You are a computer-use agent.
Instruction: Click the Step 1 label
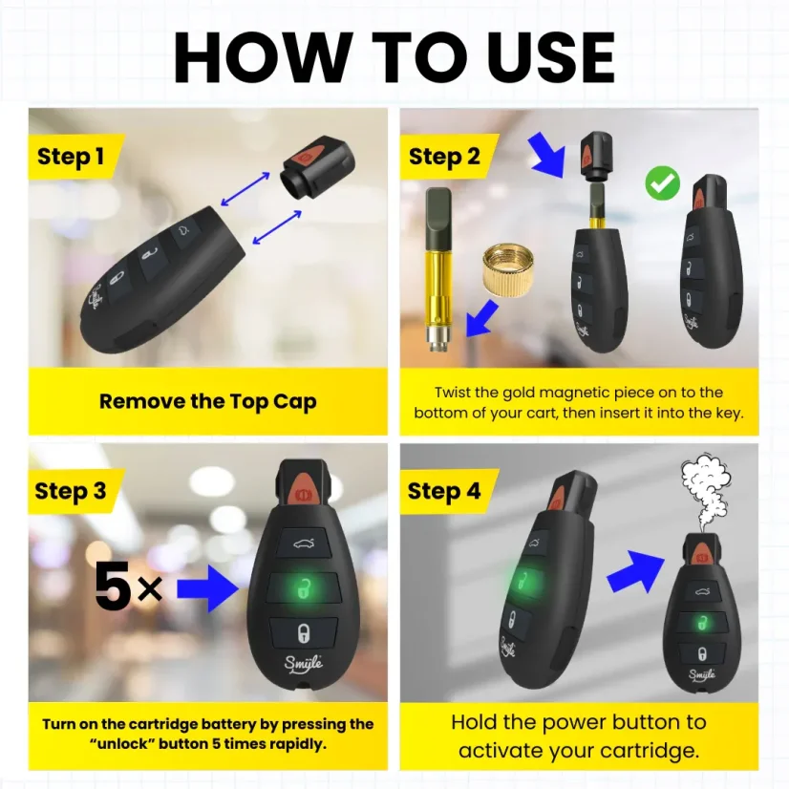pos(71,157)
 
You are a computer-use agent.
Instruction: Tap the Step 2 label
pos(444,157)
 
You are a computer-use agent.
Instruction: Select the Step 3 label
pos(71,491)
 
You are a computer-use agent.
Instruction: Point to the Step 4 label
pos(444,491)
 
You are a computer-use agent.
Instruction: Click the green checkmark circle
pos(662,182)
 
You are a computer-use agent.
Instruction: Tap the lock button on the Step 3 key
pos(302,631)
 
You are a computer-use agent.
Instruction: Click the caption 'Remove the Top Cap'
pos(207,401)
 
